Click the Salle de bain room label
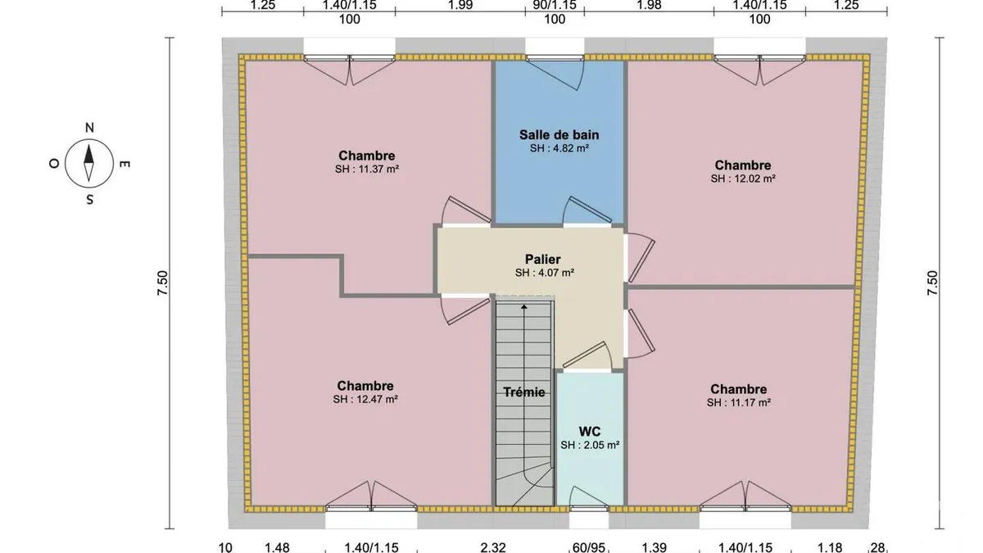[x=559, y=134]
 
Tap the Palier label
[x=543, y=259]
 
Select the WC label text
[x=589, y=432]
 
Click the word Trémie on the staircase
[x=524, y=392]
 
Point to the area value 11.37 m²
[x=378, y=169]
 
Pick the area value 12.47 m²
[x=377, y=400]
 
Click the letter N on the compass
[x=89, y=128]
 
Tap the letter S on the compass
[x=89, y=200]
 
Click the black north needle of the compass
[x=89, y=154]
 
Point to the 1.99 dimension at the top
[x=460, y=5]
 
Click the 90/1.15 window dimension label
[x=555, y=5]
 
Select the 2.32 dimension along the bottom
[x=493, y=547]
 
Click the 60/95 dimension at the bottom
[x=589, y=547]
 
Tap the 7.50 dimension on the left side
[x=162, y=283]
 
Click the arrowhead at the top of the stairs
[x=524, y=306]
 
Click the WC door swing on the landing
[x=589, y=355]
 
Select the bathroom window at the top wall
[x=555, y=57]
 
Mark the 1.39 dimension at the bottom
[x=655, y=547]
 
